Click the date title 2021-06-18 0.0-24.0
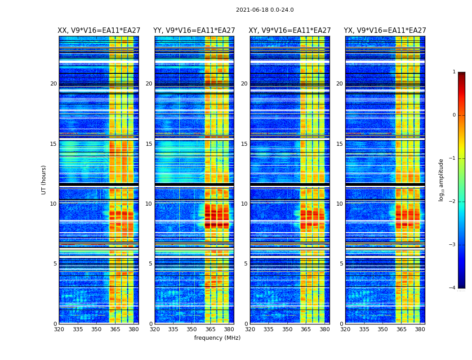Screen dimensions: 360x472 [265, 10]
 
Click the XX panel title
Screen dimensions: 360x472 [98, 31]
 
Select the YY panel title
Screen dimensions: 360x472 [194, 31]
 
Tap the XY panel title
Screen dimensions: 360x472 [290, 31]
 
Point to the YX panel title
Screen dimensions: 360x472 [385, 31]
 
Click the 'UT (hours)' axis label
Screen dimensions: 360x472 [44, 180]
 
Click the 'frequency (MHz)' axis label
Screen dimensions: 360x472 [217, 338]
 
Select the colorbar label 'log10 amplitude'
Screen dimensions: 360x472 [441, 180]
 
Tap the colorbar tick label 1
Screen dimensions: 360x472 [454, 72]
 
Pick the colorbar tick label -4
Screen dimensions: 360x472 [453, 288]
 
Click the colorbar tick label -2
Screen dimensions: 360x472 [453, 202]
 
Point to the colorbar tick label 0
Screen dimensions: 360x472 [454, 115]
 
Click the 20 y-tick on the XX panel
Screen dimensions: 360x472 [53, 84]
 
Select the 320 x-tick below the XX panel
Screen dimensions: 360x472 [59, 329]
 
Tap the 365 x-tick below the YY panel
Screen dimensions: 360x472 [211, 329]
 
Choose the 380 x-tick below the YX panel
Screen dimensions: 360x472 [420, 329]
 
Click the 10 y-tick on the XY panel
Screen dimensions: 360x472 [244, 204]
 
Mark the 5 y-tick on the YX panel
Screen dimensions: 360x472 [341, 264]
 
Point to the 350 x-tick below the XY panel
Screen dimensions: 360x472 [287, 329]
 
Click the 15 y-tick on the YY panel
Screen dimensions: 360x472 [149, 144]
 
